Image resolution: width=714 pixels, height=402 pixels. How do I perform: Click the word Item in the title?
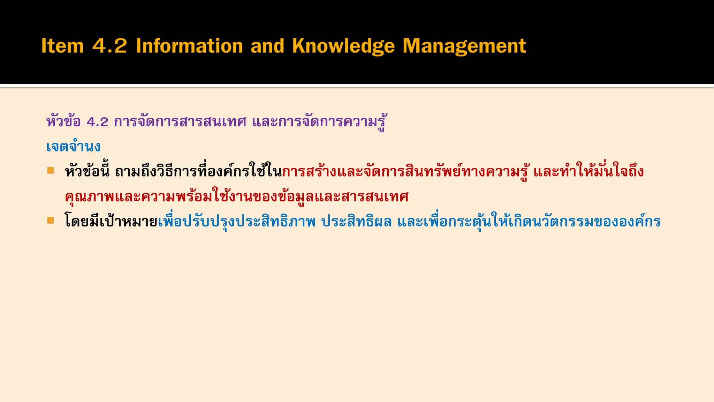pos(62,46)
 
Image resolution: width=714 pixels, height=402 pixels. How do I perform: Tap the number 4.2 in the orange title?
pos(109,46)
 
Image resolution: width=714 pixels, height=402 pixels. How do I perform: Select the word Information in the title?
pos(189,46)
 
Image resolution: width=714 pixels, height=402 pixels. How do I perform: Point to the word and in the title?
pos(267,46)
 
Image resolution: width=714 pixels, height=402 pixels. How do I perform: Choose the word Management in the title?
pos(464,46)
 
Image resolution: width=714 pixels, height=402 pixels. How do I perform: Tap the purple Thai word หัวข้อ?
pos(63,122)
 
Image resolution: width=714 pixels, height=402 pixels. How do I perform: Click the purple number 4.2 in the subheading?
pos(97,122)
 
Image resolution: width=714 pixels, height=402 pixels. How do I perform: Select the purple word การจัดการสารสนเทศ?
pos(180,122)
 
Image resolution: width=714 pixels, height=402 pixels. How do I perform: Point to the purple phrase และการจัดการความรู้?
pos(319,122)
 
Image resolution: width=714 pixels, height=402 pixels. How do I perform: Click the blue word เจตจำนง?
pos(73,147)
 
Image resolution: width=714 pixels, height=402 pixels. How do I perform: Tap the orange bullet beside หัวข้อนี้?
pos(51,170)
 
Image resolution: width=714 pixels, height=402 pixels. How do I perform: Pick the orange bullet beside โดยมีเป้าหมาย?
pos(51,221)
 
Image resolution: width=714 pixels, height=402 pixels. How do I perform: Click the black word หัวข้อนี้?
pos(87,171)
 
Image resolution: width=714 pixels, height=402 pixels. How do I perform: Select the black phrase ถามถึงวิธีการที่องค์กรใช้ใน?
pos(198,171)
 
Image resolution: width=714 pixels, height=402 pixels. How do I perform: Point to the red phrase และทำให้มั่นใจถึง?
pos(588,171)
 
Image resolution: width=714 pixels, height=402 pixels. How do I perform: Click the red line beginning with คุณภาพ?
pos(237,197)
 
